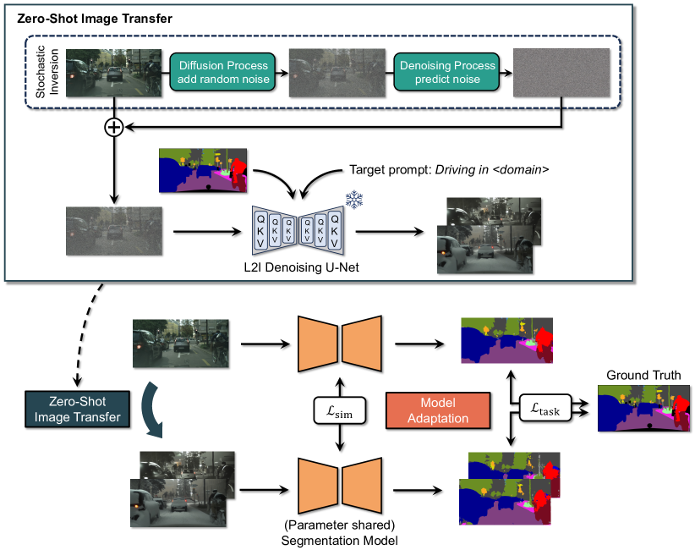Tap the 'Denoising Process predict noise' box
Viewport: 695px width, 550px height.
446,72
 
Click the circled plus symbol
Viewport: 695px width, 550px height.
113,127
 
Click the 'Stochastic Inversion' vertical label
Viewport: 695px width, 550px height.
47,73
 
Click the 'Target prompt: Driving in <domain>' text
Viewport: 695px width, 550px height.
451,170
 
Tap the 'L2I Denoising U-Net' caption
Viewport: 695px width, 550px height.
302,268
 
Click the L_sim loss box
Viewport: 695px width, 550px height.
337,410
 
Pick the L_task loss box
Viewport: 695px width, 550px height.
545,406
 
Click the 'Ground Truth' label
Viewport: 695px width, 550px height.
643,375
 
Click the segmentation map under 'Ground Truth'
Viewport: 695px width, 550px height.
643,409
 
